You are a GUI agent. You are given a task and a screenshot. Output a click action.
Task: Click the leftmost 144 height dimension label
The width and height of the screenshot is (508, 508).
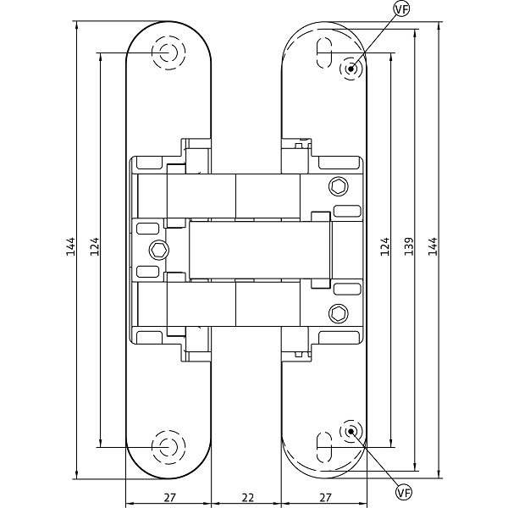[x=72, y=246]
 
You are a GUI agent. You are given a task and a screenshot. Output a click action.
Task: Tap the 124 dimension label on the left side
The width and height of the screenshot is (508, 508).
[x=95, y=246]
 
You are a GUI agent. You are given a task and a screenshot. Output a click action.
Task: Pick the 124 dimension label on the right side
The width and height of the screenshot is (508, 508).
[x=386, y=246]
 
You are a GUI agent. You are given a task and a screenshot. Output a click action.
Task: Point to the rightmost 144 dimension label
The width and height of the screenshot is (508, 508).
[x=433, y=246]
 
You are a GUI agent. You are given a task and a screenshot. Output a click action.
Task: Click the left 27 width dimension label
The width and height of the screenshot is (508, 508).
[x=168, y=497]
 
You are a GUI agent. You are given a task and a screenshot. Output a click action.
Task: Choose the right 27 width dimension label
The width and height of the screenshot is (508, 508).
[x=325, y=497]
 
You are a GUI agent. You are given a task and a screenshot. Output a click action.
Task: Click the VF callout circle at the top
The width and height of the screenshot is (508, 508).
[x=402, y=8]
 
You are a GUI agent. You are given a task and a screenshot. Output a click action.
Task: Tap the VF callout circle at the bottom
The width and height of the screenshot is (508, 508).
[x=403, y=491]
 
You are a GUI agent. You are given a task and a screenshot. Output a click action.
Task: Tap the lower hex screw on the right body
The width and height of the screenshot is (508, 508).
[x=339, y=312]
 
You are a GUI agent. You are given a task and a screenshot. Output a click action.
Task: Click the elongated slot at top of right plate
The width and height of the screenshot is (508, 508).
[x=321, y=52]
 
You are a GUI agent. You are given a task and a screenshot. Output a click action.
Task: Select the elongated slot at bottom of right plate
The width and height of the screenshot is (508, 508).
[x=321, y=444]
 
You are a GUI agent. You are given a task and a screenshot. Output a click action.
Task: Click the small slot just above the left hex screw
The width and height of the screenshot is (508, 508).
[x=147, y=229]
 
